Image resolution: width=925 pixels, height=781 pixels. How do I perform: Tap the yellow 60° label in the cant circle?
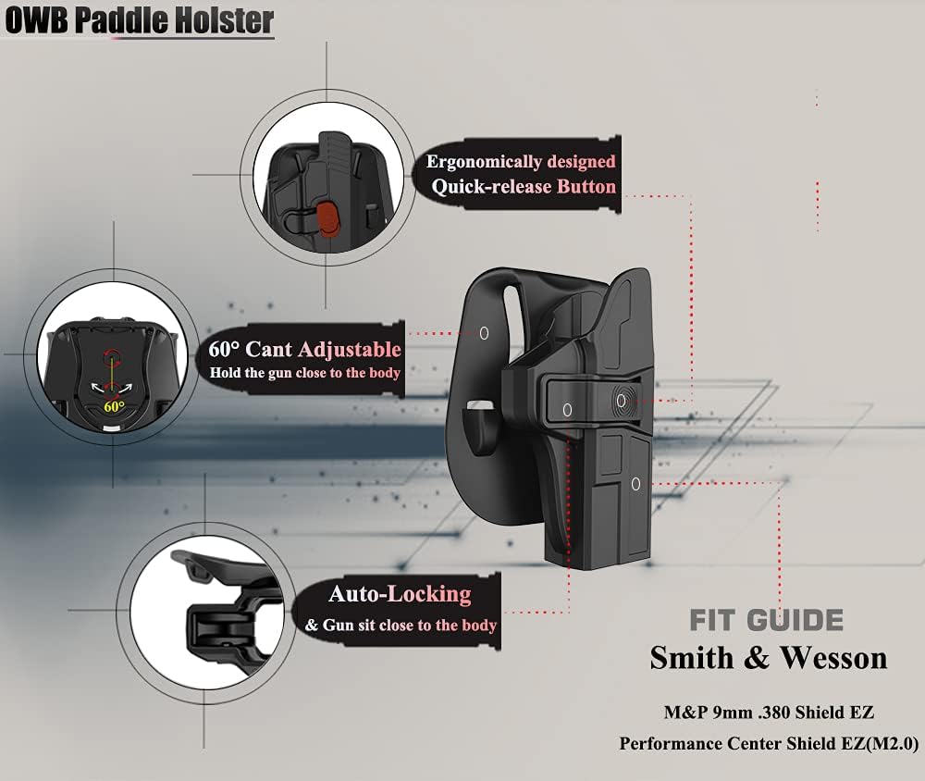[115, 405]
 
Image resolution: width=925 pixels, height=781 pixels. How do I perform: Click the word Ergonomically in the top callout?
[485, 162]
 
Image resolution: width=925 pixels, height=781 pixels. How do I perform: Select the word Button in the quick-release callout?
[586, 187]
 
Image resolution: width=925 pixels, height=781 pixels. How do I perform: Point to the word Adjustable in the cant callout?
[350, 349]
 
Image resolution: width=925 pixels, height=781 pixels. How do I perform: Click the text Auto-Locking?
[400, 593]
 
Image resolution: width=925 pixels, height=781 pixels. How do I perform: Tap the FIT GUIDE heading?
[766, 619]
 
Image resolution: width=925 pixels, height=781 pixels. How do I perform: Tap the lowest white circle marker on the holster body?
[635, 483]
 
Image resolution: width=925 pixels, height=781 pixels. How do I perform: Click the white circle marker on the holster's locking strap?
[567, 408]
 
